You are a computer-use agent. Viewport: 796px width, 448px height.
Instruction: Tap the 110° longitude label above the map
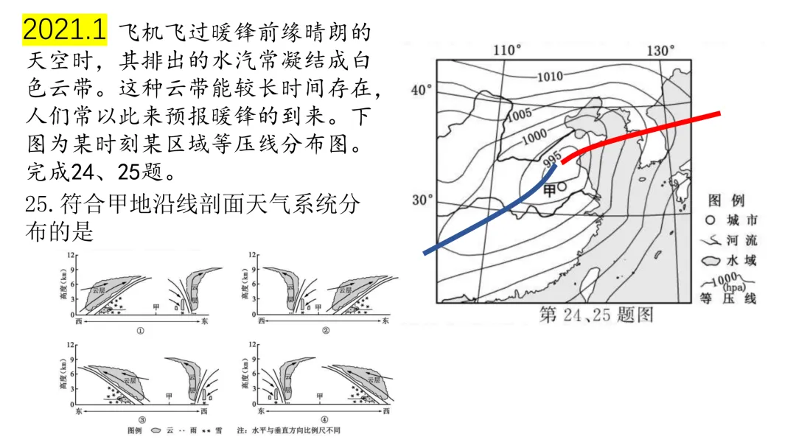[x=506, y=50]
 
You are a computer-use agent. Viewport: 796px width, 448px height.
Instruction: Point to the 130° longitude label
[x=660, y=50]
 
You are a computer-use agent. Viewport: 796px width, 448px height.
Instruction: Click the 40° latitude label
[x=421, y=90]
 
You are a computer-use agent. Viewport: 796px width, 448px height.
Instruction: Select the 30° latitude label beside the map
[x=422, y=200]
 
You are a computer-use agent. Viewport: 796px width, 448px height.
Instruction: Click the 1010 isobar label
[x=549, y=76]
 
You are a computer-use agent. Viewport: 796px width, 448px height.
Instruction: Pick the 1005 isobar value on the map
[x=520, y=114]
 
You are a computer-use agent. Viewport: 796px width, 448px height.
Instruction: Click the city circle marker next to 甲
[x=562, y=187]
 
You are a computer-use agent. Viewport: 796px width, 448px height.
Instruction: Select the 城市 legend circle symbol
[x=710, y=220]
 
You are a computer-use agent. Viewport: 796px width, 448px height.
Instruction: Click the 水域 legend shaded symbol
[x=711, y=261]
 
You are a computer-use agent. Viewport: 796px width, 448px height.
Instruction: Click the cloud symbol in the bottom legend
[x=156, y=430]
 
